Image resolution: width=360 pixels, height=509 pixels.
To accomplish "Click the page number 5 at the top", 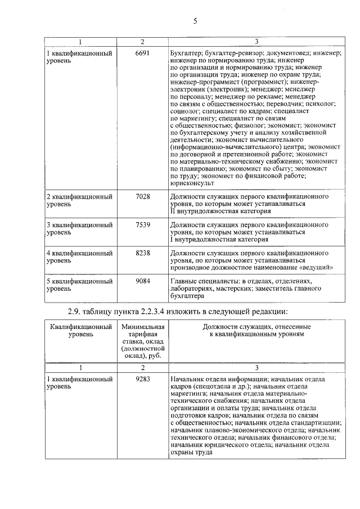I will [195, 21].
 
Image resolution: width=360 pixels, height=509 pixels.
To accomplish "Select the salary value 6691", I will [143, 53].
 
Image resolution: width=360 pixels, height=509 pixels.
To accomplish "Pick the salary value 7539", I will [143, 225].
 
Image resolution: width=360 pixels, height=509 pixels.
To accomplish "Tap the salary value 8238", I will [143, 253].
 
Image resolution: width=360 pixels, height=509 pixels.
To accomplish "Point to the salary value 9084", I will [143, 281].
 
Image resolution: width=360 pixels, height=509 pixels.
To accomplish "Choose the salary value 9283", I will [143, 380].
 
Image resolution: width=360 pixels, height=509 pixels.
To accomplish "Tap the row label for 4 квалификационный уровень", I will [79, 256].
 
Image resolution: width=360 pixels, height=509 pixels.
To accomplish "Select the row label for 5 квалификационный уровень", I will [79, 284].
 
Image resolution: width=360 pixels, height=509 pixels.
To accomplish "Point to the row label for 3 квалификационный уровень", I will [79, 228].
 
